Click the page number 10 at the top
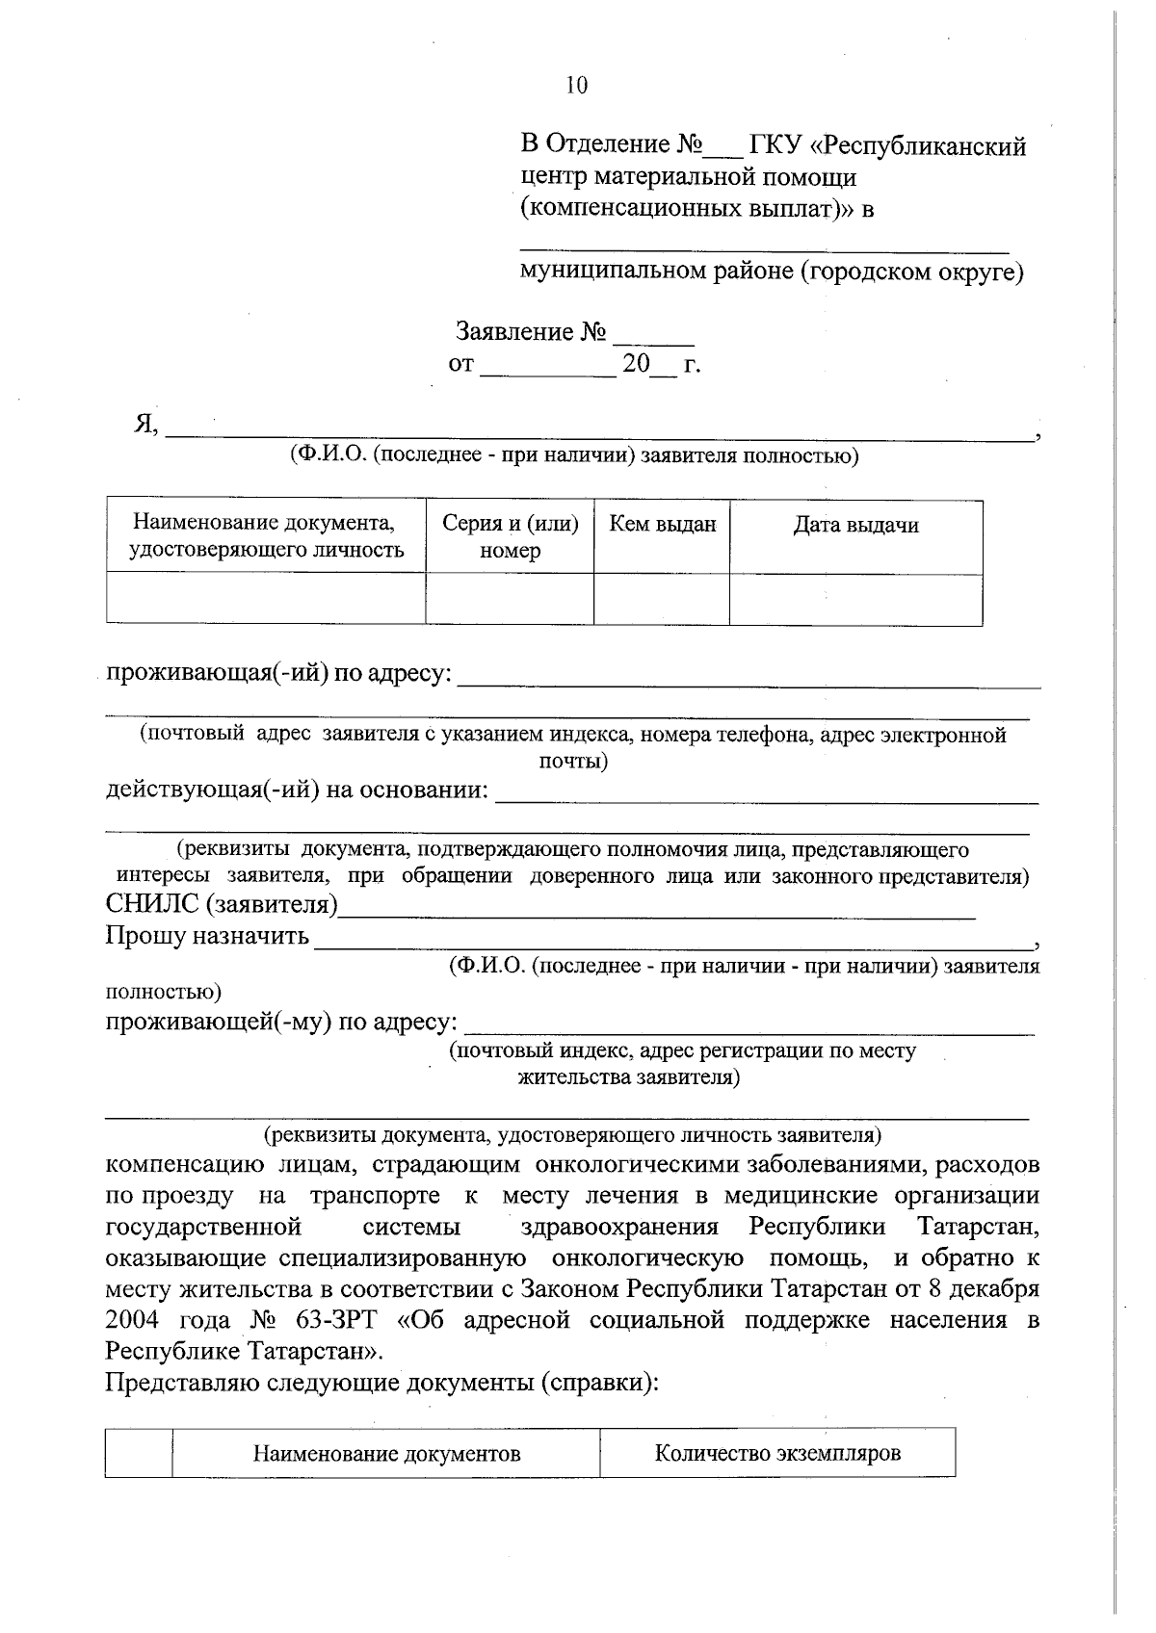(576, 86)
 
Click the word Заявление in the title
(514, 333)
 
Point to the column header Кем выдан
(662, 525)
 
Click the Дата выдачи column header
(855, 526)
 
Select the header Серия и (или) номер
(510, 536)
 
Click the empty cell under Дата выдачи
(855, 599)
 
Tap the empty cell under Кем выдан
(662, 599)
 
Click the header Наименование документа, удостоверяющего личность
(265, 536)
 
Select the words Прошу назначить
(207, 936)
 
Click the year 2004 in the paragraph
(133, 1320)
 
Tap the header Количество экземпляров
(777, 1453)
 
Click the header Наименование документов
(386, 1454)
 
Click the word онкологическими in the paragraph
(637, 1165)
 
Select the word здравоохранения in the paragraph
(619, 1228)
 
